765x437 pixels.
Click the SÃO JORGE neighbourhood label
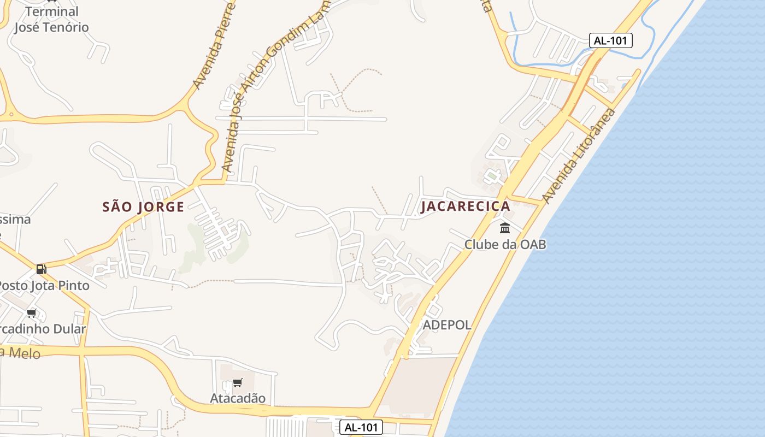tap(143, 207)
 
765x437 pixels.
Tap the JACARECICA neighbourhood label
tap(465, 206)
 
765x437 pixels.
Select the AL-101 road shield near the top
tap(610, 40)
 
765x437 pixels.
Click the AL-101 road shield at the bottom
tap(361, 427)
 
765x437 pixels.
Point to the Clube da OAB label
tap(505, 244)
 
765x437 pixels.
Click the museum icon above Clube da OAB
tap(505, 228)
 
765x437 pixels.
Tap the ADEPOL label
tap(447, 325)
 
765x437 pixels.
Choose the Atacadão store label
tap(238, 398)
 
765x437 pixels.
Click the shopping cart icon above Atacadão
tap(237, 383)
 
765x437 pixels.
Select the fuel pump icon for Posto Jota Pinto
tap(41, 269)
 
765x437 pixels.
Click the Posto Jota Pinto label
tap(43, 285)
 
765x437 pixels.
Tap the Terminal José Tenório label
tap(51, 19)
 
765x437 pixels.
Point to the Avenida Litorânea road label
tap(579, 156)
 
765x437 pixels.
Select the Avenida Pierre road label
tap(214, 46)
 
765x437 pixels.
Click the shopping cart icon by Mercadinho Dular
tap(32, 313)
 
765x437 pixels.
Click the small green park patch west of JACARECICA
tap(492, 176)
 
